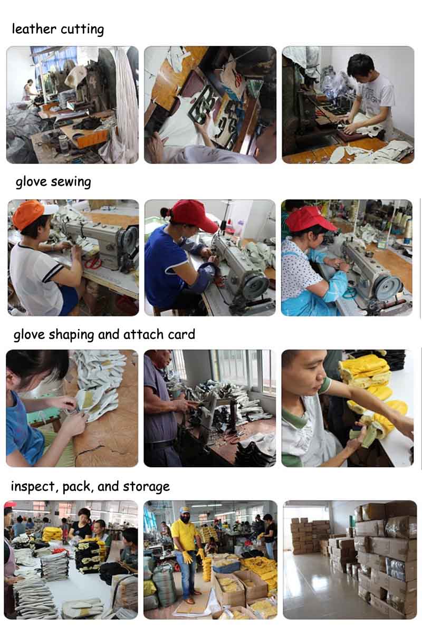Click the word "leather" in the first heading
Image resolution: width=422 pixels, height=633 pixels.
tap(34, 29)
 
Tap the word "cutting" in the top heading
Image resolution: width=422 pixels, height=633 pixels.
tap(82, 30)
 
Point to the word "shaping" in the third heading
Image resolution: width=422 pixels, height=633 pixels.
tap(71, 335)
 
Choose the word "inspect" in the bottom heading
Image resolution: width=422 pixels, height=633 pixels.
tap(33, 486)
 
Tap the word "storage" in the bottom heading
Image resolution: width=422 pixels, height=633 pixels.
tap(146, 487)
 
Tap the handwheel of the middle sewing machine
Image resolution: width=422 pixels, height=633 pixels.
tap(255, 285)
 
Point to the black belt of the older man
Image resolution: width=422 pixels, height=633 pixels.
tap(160, 444)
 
